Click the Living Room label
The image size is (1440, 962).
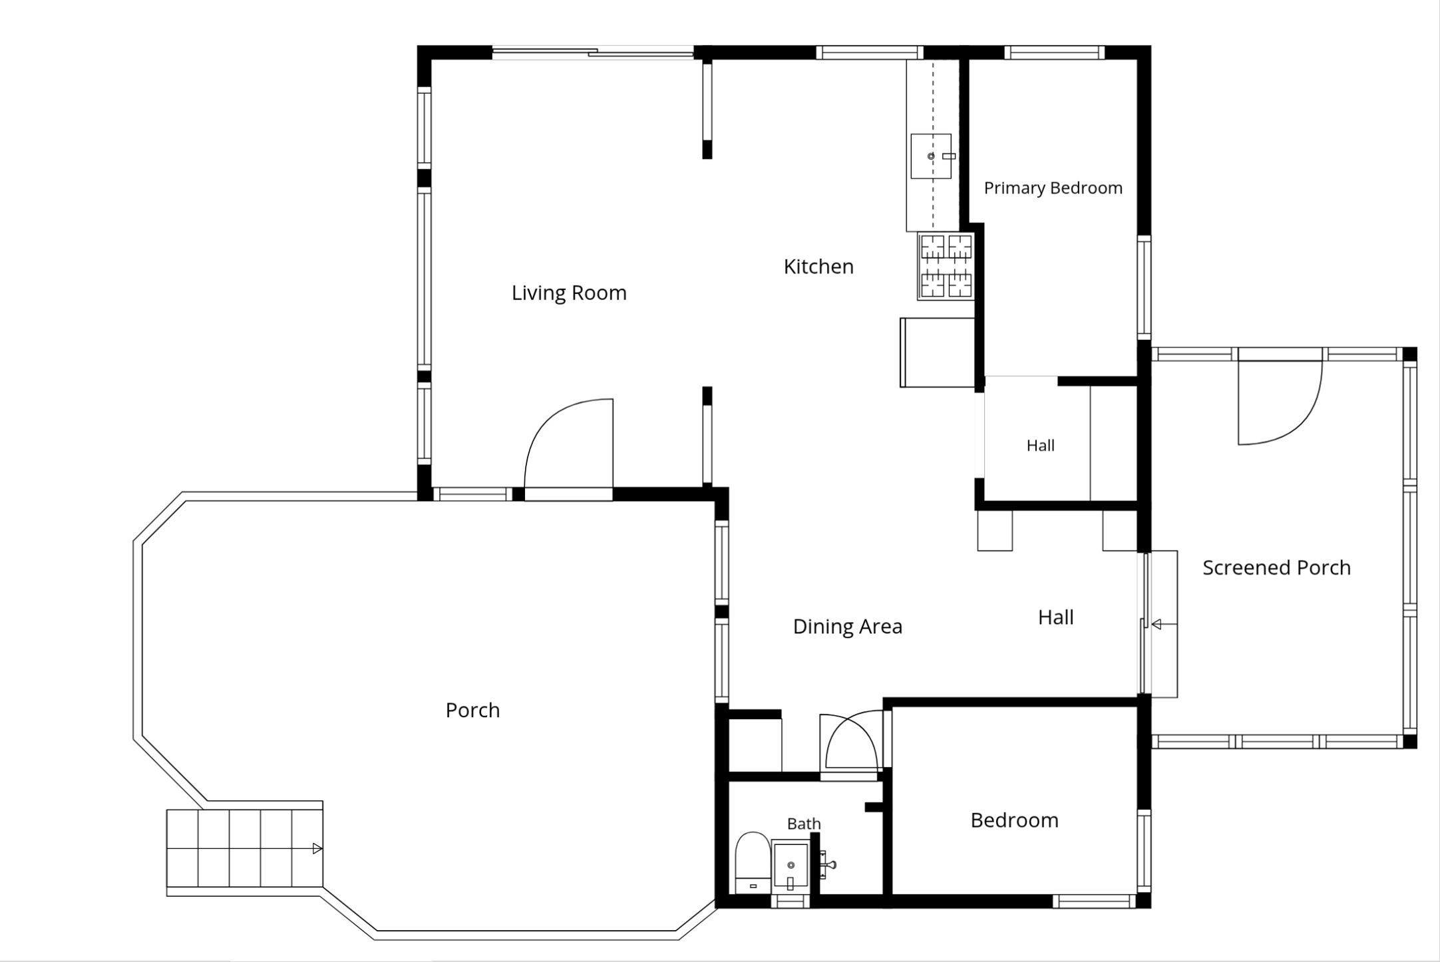pos(569,293)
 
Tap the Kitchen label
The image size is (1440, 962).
pos(818,266)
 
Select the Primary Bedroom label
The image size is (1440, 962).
pos(1053,188)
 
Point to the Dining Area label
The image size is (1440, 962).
pos(848,626)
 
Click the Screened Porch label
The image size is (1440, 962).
pos(1276,567)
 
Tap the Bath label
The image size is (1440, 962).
pos(804,824)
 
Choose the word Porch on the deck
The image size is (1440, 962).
pos(472,710)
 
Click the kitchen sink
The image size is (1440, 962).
pos(931,156)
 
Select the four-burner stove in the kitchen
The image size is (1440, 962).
pos(946,266)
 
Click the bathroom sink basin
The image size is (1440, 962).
pos(790,866)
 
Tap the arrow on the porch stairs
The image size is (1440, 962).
pos(317,849)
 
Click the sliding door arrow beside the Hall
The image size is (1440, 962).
pos(1157,624)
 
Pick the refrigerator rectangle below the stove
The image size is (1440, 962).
pos(937,353)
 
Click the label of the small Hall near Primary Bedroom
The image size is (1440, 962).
pos(1040,446)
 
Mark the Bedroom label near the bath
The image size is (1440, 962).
pos(1014,820)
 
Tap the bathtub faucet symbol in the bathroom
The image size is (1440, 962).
pos(827,865)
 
